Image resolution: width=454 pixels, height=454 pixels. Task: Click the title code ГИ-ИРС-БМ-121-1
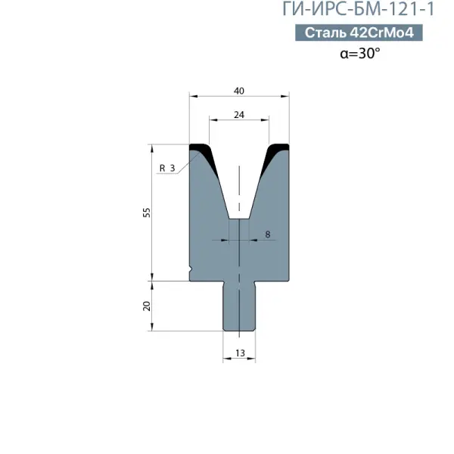coord(359,9)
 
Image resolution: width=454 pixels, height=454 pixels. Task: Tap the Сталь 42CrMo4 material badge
coord(359,33)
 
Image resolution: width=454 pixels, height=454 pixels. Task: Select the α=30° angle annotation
coord(360,53)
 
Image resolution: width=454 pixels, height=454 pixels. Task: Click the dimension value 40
coord(239,91)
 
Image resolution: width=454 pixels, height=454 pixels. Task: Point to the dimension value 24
coord(239,115)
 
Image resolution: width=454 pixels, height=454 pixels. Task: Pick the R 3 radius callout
coord(167,168)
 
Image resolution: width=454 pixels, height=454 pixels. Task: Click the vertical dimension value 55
coord(147,213)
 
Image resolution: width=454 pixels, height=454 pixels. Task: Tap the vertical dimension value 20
coord(147,306)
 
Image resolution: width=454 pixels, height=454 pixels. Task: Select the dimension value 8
coord(268,235)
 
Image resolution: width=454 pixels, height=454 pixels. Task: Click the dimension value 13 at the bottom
coord(240,353)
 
